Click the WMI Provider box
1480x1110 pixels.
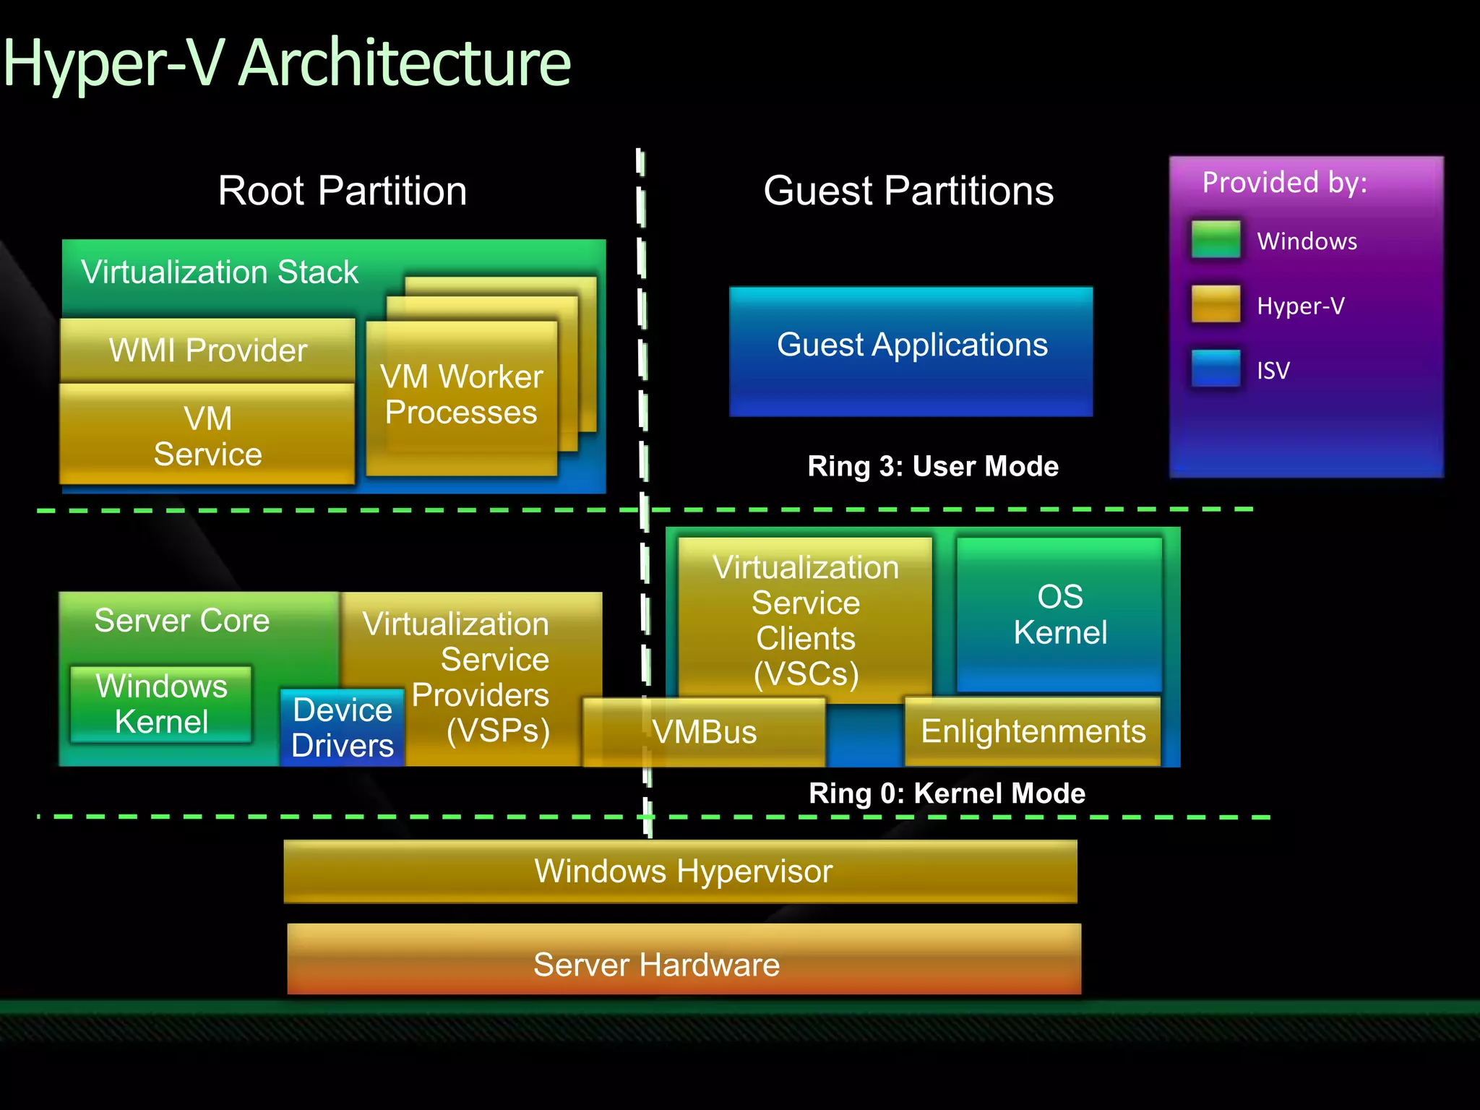207,350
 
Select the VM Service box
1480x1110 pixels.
207,436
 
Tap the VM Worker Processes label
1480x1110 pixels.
461,395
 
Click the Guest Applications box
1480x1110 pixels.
911,351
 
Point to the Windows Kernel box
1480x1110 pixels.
161,704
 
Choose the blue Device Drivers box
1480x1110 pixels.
342,727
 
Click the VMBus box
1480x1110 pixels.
704,732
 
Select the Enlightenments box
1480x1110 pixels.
1033,731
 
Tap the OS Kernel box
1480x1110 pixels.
1059,614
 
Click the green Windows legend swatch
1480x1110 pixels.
1216,240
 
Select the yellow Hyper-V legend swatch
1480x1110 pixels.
1216,304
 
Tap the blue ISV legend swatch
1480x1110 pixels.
1216,369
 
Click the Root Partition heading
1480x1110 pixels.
343,191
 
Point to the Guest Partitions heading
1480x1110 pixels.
908,191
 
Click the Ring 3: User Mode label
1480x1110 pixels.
932,466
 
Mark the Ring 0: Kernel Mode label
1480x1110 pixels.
947,793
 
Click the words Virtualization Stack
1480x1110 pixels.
219,272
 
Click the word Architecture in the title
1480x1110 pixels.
405,64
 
